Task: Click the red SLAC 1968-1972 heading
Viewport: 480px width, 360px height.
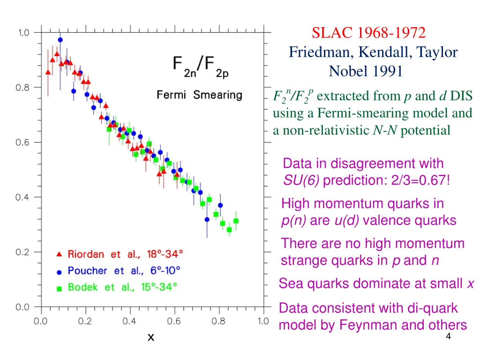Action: (x=369, y=33)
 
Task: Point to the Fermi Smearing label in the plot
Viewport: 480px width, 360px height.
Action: (x=199, y=95)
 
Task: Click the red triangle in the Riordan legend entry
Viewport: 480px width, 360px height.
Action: (x=59, y=255)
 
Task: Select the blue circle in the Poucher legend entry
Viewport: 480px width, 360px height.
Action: (x=59, y=271)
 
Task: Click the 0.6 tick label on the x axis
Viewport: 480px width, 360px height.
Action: (x=174, y=322)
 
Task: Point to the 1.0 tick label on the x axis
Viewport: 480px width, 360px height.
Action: (x=263, y=322)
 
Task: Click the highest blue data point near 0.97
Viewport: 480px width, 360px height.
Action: (x=60, y=40)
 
